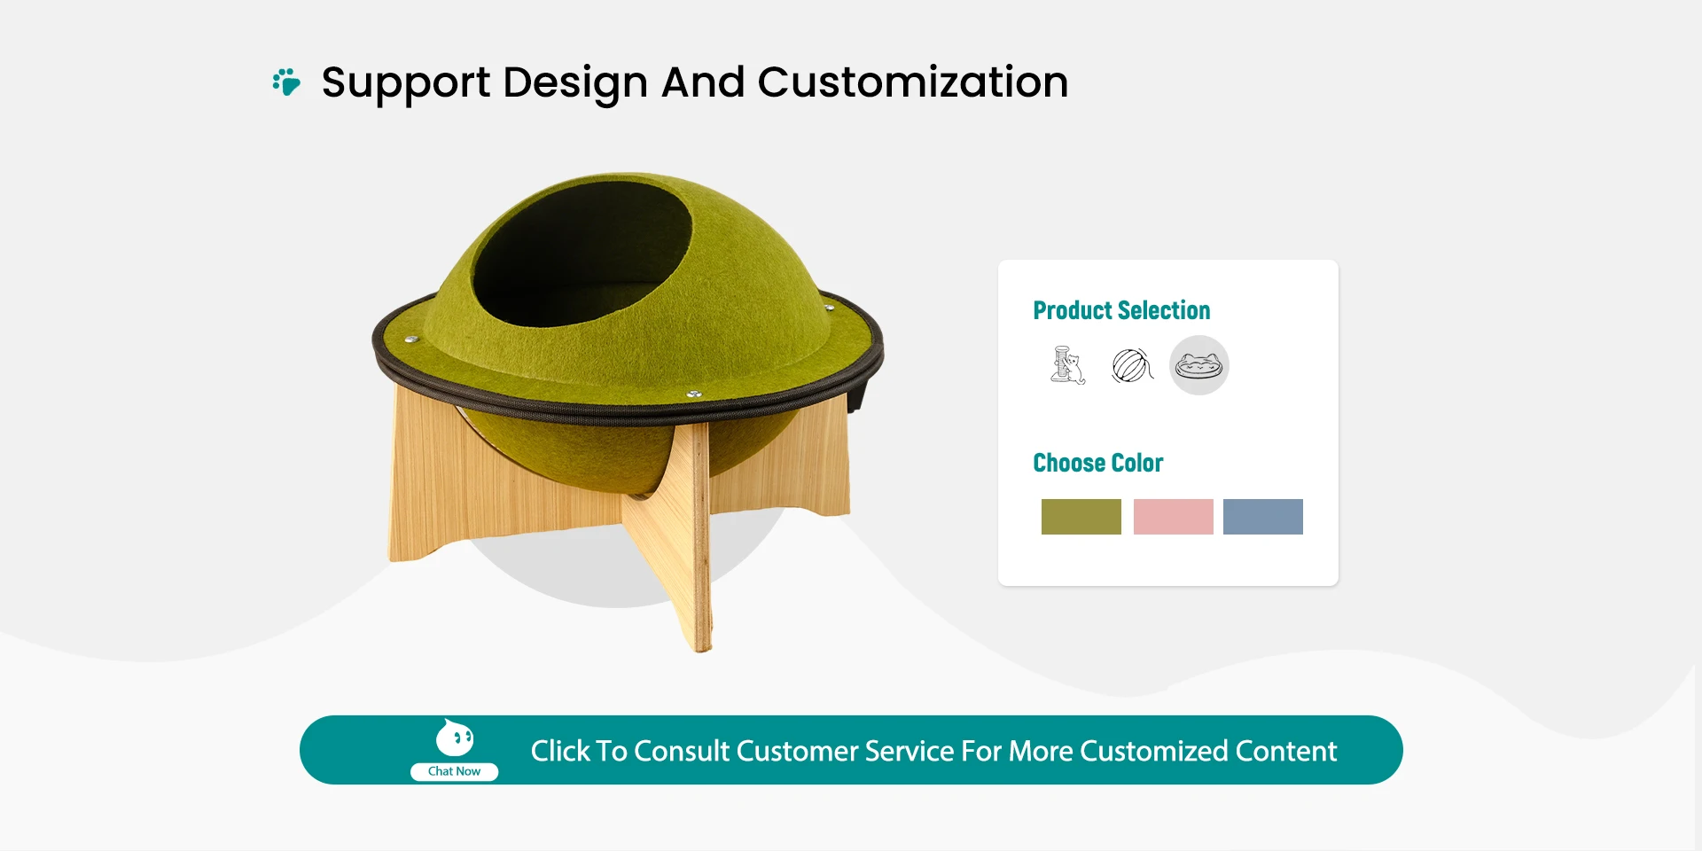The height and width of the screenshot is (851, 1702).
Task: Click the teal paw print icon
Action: [286, 82]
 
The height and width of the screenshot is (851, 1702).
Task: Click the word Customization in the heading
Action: [912, 82]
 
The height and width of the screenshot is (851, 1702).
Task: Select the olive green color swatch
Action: [1081, 517]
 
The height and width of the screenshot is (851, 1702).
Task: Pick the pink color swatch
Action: [1173, 517]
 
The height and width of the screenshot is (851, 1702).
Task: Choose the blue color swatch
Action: [1262, 517]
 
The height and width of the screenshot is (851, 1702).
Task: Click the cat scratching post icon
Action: [1067, 365]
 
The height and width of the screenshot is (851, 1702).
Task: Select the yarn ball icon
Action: [1132, 365]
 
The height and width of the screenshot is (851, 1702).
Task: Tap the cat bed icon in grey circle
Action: [1198, 365]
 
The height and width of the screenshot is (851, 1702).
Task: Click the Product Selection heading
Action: [1121, 310]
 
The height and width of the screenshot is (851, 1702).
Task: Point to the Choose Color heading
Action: [1097, 463]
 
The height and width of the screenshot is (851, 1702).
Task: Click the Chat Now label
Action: [454, 771]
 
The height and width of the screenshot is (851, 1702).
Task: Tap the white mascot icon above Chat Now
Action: [455, 738]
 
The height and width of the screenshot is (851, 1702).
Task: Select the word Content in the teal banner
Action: [1286, 751]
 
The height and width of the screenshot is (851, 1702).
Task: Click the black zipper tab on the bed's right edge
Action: [855, 390]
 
